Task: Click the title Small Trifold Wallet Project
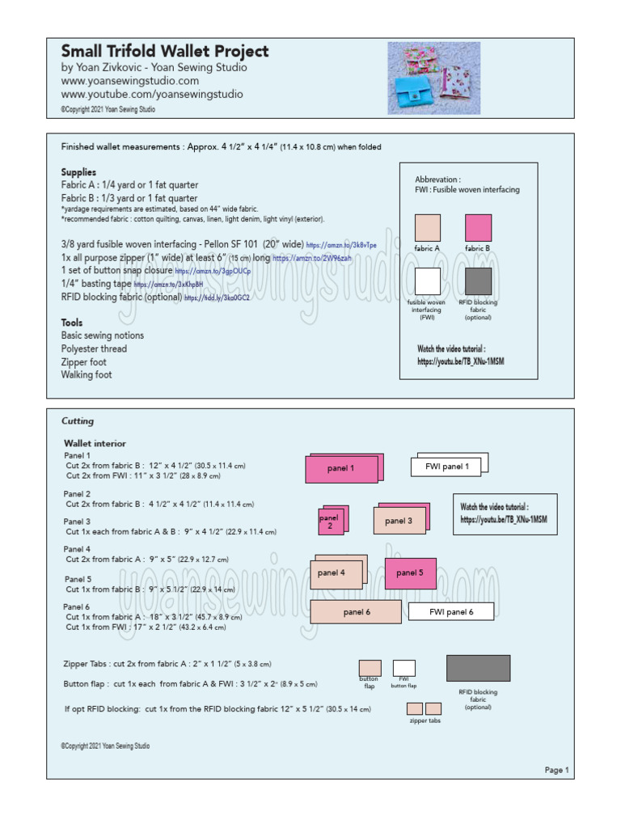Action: [164, 52]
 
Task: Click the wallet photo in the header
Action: [433, 78]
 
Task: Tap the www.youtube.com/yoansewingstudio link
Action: [151, 94]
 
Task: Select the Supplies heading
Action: [78, 172]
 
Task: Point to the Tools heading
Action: [72, 323]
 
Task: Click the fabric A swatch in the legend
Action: [427, 228]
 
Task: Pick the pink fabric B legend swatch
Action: [478, 228]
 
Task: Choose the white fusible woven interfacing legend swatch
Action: [427, 281]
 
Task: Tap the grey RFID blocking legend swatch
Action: [478, 281]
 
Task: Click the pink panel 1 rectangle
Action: [341, 469]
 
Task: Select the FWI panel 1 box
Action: [447, 466]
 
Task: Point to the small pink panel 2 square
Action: [332, 522]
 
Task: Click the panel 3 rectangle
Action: [399, 522]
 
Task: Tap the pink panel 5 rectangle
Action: [410, 573]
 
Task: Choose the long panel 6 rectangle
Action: [356, 612]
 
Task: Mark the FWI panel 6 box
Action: [450, 612]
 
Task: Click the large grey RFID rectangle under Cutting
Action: [478, 668]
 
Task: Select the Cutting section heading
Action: [78, 421]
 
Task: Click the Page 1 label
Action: [556, 770]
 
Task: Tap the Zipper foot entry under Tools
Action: [84, 362]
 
